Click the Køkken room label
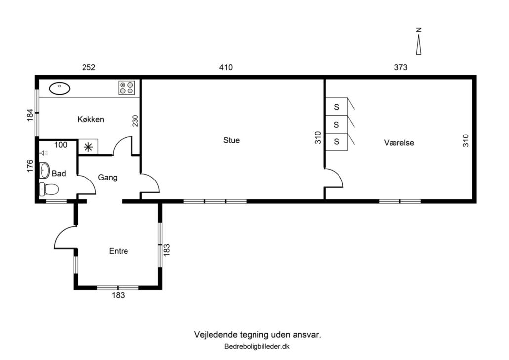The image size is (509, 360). coord(90,119)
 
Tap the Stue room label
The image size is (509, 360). coord(231,140)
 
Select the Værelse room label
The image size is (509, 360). coord(399,142)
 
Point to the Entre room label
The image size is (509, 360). coord(119,251)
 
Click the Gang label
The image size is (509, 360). coord(107,178)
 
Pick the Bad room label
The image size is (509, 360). coord(59,174)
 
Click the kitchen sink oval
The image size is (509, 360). coord(59,88)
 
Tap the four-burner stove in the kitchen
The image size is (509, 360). coord(127,88)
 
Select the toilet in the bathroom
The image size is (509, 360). coord(49,189)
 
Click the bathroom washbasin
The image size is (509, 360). coord(44,171)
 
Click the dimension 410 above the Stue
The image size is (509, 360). coord(226,67)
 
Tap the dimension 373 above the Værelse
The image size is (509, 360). coord(401,67)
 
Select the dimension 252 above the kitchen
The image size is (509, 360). coord(88,67)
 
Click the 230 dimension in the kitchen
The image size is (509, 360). coord(135,121)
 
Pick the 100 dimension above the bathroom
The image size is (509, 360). coord(61,145)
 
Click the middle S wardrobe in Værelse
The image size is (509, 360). coord(337,125)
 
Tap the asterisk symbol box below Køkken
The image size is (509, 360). coord(88,147)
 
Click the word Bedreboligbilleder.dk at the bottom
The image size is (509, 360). coord(257,346)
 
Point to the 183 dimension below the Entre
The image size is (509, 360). coord(118,295)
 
